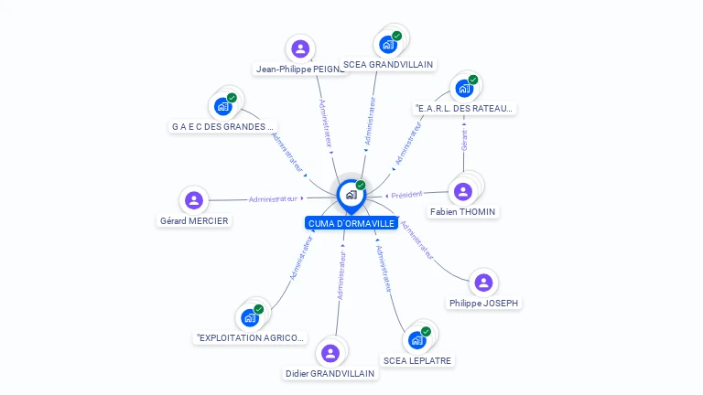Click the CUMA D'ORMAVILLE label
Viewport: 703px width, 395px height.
351,223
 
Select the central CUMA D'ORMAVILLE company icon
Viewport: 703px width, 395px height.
351,194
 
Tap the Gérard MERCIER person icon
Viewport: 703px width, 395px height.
193,199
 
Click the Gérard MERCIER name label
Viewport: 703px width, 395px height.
194,220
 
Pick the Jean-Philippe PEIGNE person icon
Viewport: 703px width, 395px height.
299,48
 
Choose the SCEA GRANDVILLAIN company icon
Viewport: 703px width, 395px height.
388,44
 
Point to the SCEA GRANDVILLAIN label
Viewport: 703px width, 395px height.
388,65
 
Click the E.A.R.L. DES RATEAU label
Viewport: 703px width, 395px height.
465,109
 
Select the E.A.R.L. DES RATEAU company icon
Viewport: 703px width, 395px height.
464,89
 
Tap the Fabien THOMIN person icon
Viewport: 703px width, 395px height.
462,191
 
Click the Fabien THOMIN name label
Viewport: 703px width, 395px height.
462,212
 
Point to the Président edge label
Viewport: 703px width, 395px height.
406,195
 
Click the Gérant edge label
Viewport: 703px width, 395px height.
464,140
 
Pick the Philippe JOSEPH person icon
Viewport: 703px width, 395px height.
483,283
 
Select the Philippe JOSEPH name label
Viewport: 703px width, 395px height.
485,303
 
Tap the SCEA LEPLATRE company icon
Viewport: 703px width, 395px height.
417,340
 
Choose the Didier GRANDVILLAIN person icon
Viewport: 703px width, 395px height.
330,353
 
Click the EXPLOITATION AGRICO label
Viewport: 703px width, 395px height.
251,338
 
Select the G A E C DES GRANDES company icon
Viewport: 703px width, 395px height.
223,106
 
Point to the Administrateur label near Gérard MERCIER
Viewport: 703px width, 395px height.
273,198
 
